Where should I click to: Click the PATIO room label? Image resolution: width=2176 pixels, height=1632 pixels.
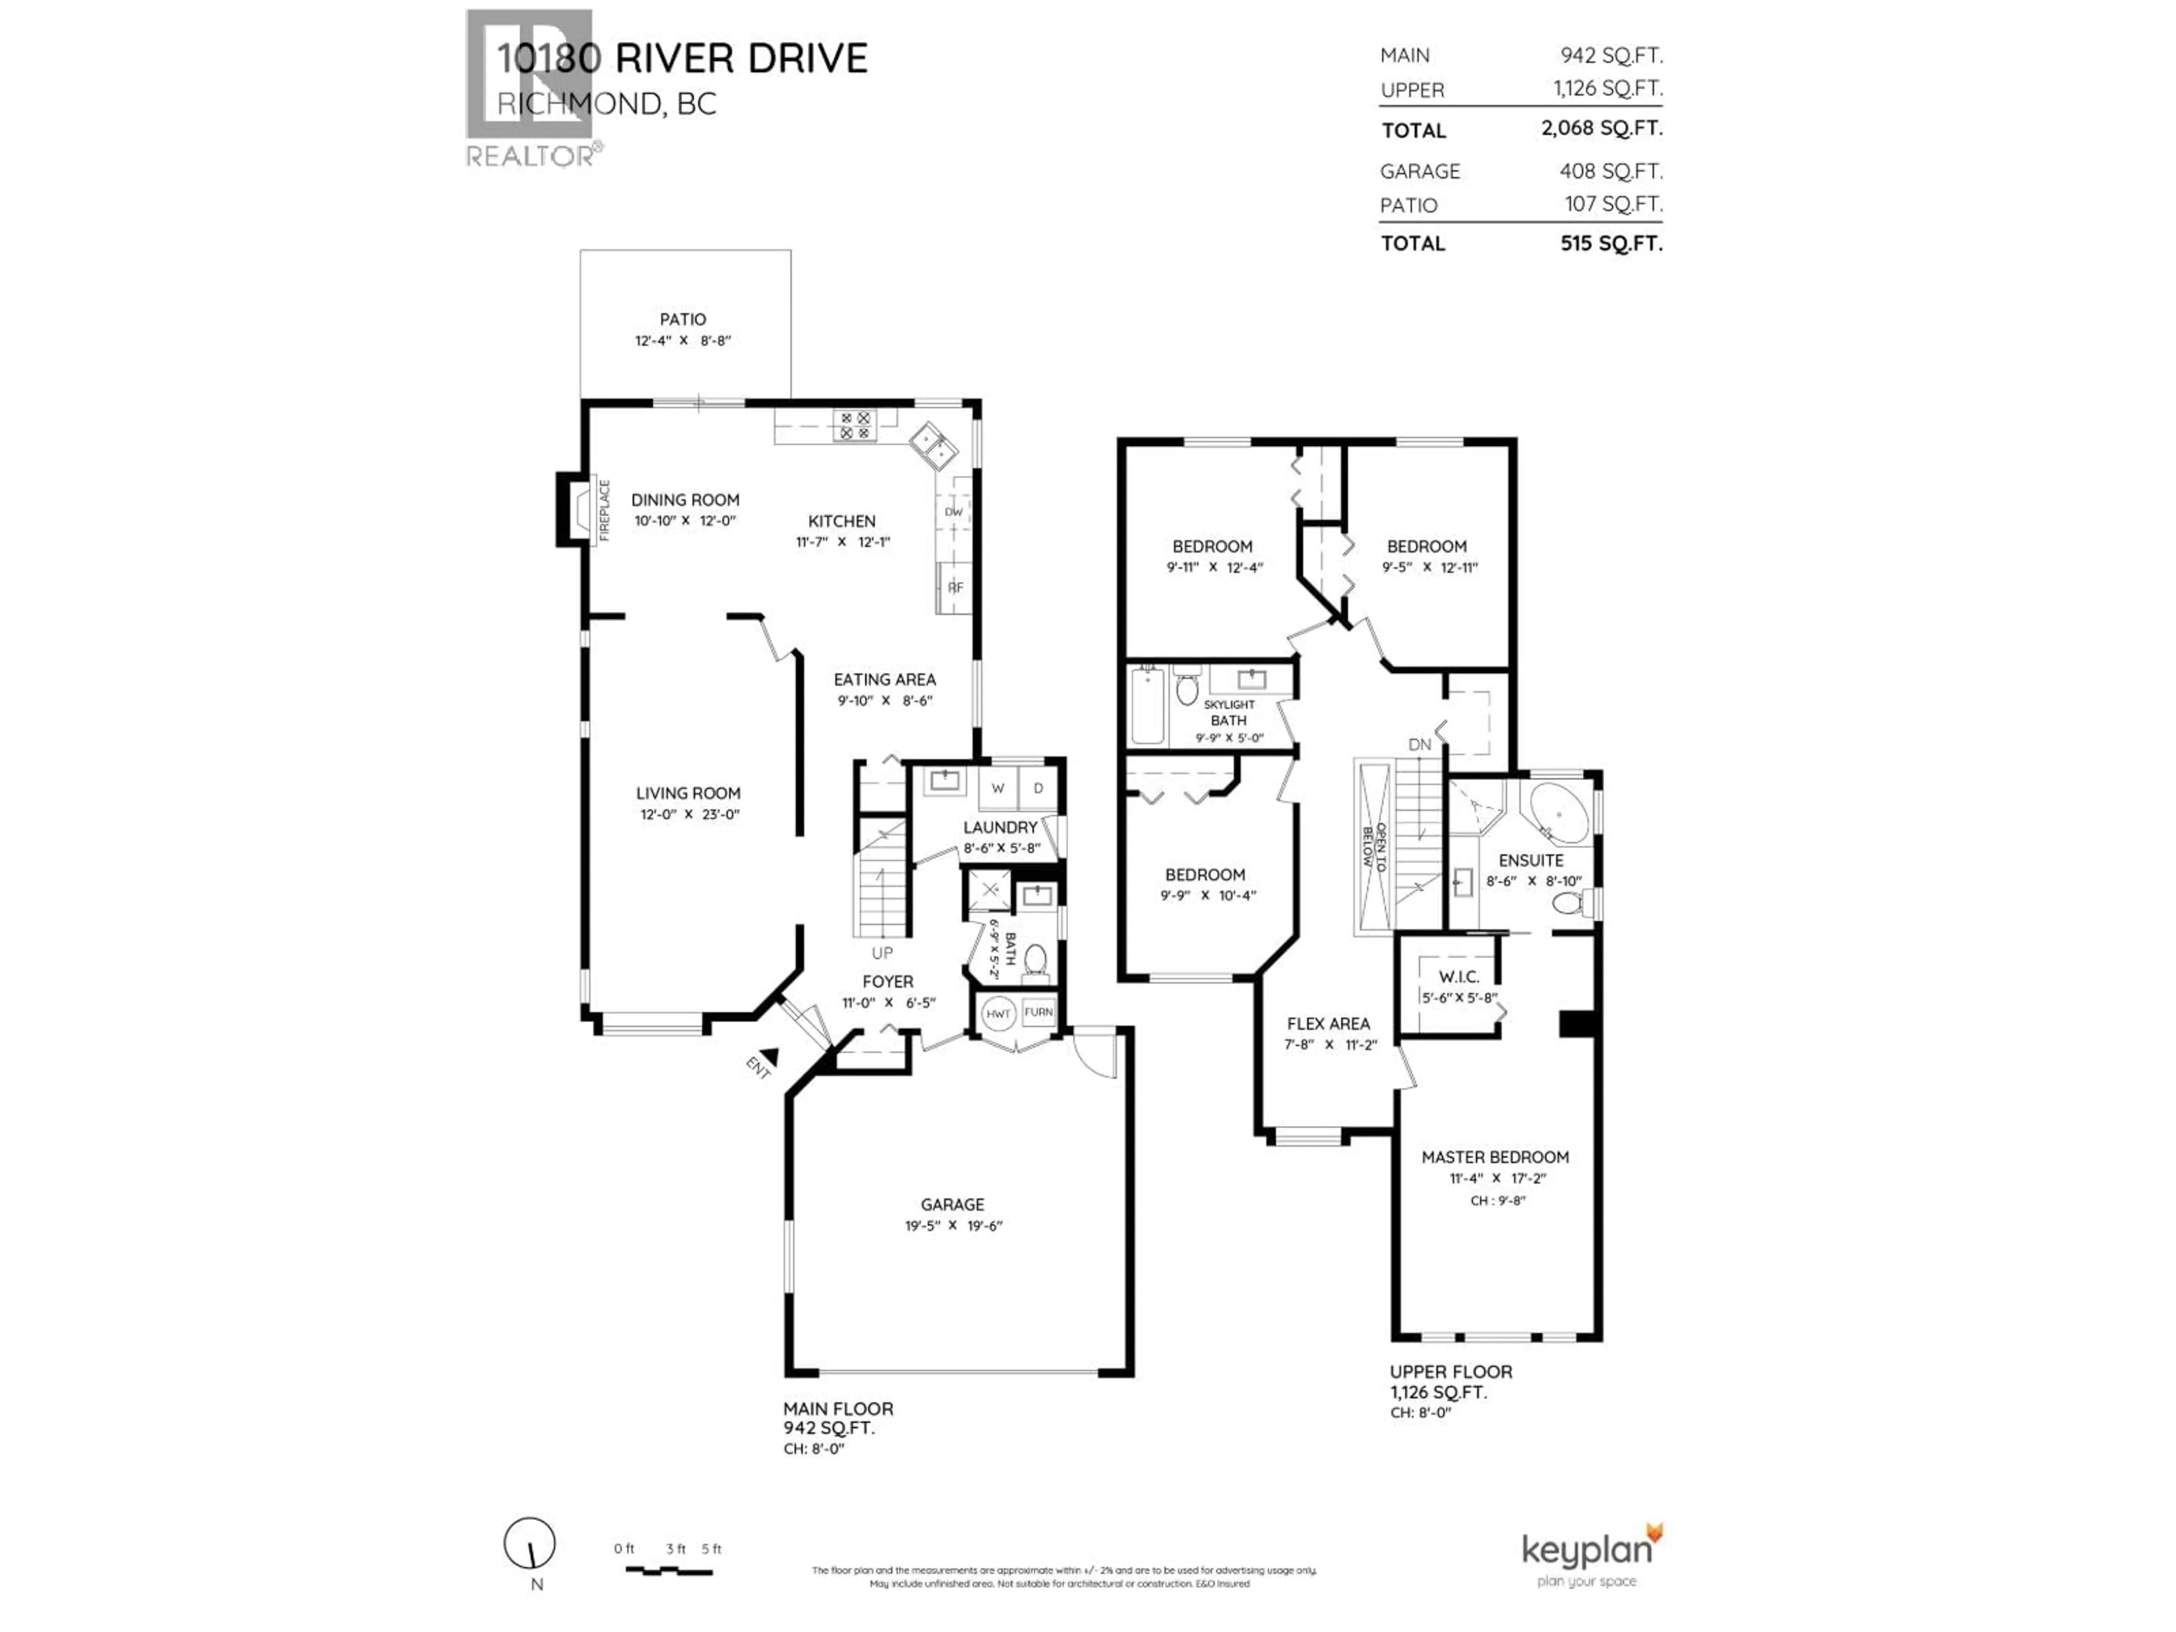[x=683, y=318]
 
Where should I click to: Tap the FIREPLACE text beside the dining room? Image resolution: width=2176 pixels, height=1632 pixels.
[x=605, y=511]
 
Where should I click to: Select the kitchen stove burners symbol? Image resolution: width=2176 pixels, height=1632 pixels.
[x=854, y=425]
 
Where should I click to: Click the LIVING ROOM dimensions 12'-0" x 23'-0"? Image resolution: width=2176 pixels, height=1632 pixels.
[x=688, y=814]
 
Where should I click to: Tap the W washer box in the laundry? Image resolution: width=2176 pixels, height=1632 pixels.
[x=997, y=788]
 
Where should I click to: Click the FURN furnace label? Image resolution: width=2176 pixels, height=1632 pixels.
[x=1039, y=1011]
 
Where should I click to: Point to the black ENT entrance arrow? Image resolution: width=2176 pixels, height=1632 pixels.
[x=770, y=1057]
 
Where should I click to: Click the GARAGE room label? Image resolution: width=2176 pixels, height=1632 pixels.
[x=951, y=1204]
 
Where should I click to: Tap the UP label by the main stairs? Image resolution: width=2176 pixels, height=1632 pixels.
[x=882, y=952]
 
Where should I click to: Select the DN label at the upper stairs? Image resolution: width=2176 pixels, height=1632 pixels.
[x=1419, y=745]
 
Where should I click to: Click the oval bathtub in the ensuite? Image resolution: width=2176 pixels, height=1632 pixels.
[x=1557, y=814]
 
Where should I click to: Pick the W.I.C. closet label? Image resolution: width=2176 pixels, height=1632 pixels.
[x=1458, y=977]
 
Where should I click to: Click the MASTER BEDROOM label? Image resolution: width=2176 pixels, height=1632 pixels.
[x=1494, y=1157]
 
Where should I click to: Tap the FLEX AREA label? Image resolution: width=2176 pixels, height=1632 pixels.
[x=1328, y=1023]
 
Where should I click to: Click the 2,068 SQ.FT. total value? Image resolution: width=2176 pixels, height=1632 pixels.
[x=1601, y=128]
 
